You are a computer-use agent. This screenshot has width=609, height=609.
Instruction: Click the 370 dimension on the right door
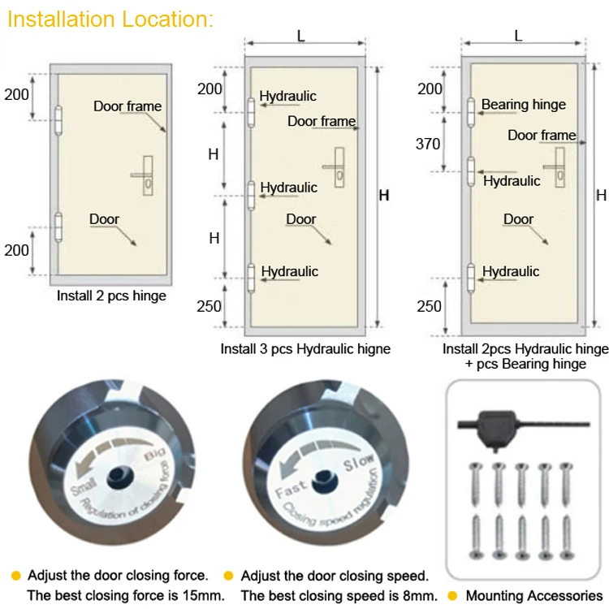pos(428,145)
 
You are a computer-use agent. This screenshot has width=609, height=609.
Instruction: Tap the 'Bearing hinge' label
pos(523,105)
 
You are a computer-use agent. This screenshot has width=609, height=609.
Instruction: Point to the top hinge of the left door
pos(57,119)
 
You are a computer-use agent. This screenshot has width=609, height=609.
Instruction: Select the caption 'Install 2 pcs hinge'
pos(111,296)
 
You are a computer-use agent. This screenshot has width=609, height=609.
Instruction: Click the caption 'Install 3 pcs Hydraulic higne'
pos(305,349)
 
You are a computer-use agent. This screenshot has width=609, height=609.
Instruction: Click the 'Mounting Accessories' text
pos(534,595)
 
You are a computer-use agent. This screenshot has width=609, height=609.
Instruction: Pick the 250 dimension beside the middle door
pos(209,306)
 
